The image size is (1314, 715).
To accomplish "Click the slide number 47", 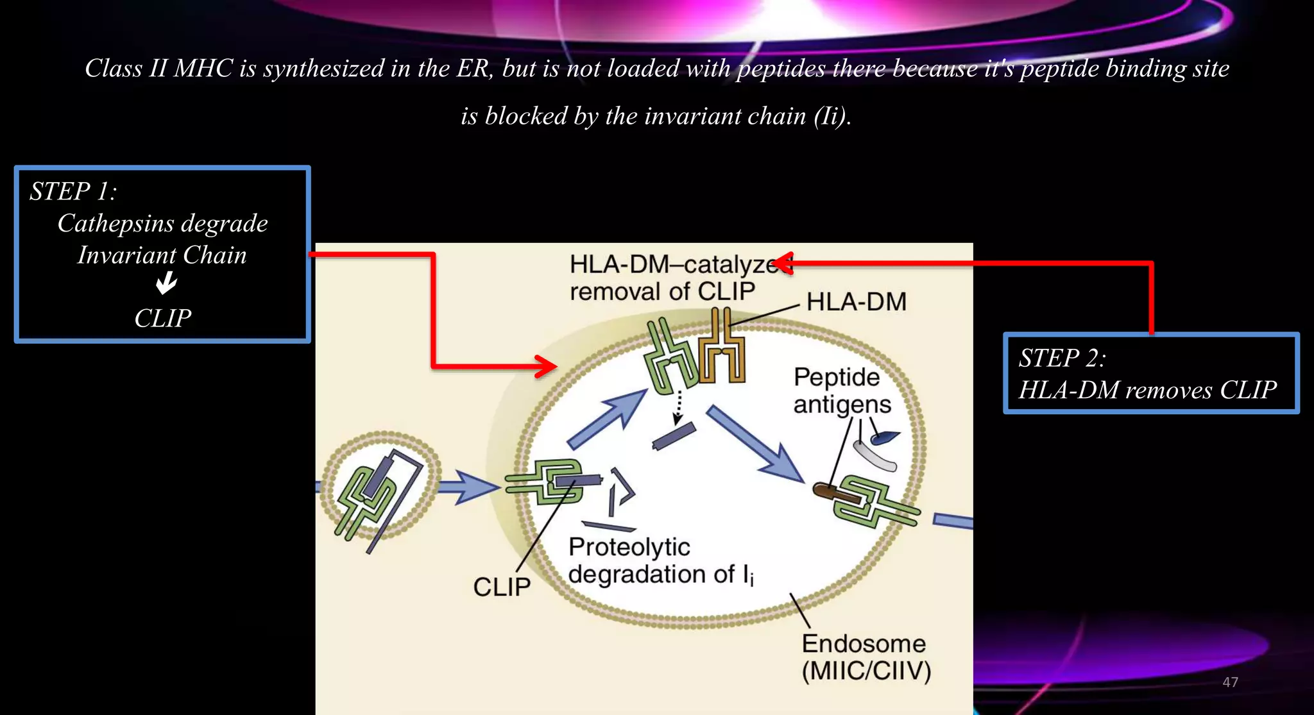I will [1230, 682].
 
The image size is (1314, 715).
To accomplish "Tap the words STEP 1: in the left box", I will [73, 192].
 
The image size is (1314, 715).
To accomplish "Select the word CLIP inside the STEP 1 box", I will [162, 318].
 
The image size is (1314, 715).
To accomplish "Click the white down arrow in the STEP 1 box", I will [167, 282].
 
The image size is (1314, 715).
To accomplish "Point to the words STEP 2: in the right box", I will [1062, 358].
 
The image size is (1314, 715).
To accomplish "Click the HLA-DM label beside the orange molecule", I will [856, 302].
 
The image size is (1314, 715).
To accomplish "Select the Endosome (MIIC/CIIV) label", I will [866, 657].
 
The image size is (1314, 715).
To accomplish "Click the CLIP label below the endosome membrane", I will [502, 587].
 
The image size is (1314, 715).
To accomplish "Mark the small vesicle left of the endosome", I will [380, 485].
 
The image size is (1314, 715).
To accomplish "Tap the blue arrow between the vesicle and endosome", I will [469, 488].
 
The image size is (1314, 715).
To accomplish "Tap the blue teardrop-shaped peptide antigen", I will [885, 437].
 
